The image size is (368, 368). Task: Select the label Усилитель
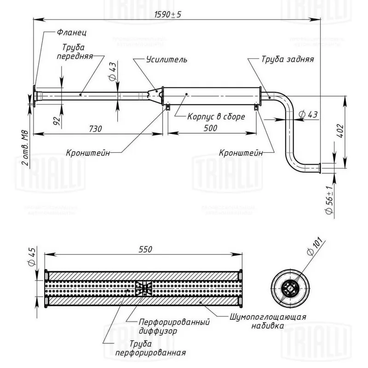click(x=166, y=60)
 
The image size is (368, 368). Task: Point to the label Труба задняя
click(x=287, y=60)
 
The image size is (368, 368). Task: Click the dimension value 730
click(x=95, y=129)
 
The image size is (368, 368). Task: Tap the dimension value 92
click(x=57, y=121)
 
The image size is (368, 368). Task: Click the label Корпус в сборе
click(x=216, y=117)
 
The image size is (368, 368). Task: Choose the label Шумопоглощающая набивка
click(x=267, y=321)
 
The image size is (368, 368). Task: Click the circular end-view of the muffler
click(x=289, y=288)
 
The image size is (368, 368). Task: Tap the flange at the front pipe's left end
click(x=35, y=96)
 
